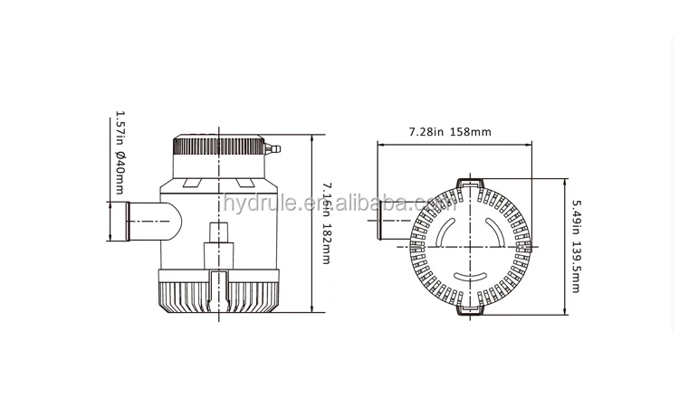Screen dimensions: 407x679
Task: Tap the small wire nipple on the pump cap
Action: click(x=275, y=147)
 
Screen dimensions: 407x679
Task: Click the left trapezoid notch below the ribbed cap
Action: click(x=192, y=182)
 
